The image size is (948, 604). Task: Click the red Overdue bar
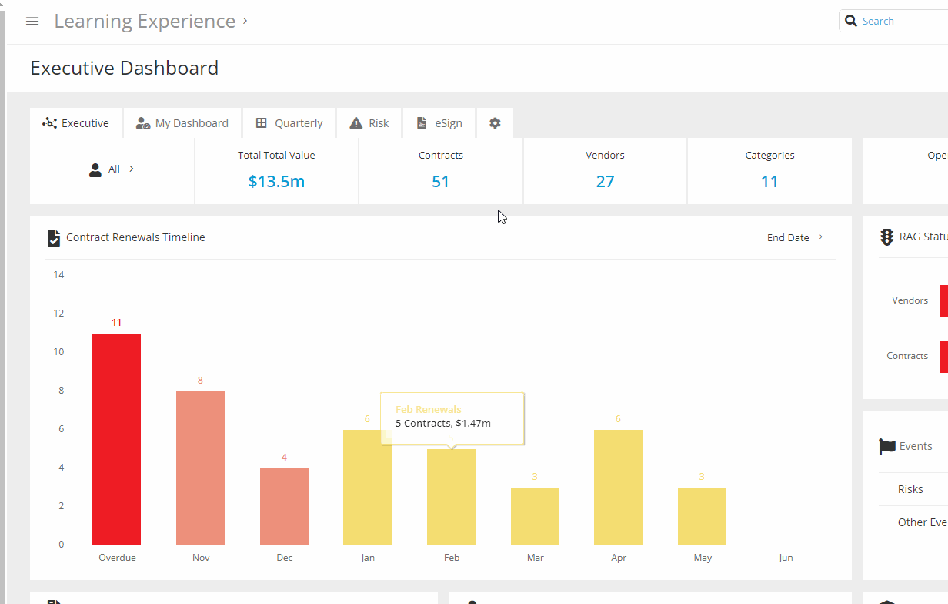point(116,439)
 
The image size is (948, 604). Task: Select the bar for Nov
point(200,468)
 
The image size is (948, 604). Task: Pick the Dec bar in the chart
point(284,506)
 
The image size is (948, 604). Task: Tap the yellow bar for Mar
point(535,516)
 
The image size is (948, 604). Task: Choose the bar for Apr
point(618,487)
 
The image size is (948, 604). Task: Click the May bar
point(702,516)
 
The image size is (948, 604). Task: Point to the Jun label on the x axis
point(785,558)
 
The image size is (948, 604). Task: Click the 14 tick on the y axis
point(58,275)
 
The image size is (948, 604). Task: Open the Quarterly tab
point(289,123)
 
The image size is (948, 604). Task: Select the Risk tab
point(369,123)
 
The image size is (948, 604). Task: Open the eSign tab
point(439,123)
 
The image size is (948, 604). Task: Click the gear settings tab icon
point(495,123)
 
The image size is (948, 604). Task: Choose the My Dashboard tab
point(182,123)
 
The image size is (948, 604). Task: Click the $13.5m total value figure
point(276,182)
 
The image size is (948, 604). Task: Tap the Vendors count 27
point(605,182)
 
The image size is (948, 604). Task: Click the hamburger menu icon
point(32,22)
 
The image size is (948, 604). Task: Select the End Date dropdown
point(795,237)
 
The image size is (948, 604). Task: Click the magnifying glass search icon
point(851,21)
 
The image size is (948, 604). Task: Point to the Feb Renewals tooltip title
point(428,410)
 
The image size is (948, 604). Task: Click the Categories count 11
point(769,182)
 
